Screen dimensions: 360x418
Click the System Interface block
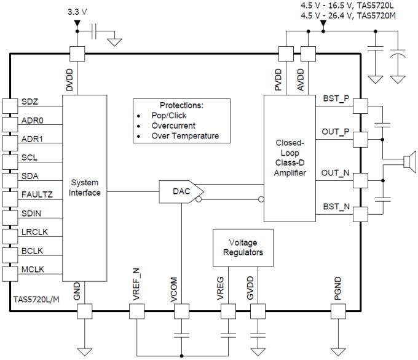[x=85, y=188]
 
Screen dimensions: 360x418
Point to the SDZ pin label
[x=31, y=101]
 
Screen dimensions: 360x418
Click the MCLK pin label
[x=33, y=270]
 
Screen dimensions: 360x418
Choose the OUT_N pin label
[x=336, y=174]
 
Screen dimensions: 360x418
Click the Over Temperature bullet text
[x=184, y=136]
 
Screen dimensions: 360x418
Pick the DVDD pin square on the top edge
[x=77, y=53]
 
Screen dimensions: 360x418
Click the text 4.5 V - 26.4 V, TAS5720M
[x=347, y=15]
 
